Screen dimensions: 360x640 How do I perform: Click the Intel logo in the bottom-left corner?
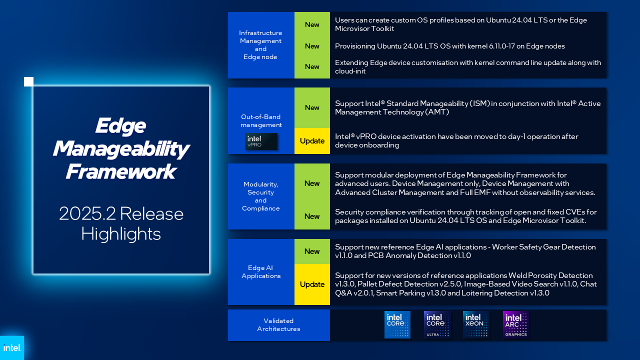coord(11,347)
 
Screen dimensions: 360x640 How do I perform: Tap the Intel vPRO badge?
coord(261,141)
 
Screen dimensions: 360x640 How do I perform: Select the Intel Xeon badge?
coord(476,325)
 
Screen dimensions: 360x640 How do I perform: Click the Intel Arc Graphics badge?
coord(515,325)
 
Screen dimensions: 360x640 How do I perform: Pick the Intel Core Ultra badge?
coord(436,325)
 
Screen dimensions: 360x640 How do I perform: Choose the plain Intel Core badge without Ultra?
coord(397,325)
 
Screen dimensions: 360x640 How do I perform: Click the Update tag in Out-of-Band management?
coord(312,141)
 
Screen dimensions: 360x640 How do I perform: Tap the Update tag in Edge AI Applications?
coord(312,284)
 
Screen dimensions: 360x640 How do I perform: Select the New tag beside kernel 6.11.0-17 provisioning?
coord(312,46)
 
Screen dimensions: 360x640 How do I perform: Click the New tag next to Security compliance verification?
coord(312,216)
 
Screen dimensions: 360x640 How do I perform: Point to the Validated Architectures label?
coord(278,325)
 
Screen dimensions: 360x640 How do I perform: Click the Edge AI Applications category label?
coord(261,272)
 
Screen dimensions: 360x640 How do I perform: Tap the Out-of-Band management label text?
coord(261,121)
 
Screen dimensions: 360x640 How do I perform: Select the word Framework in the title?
coord(120,172)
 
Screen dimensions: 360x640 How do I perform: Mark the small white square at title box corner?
coord(28,81)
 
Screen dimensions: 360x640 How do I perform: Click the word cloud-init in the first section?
coord(350,71)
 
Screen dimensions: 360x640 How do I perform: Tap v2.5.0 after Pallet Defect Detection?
coord(447,284)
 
